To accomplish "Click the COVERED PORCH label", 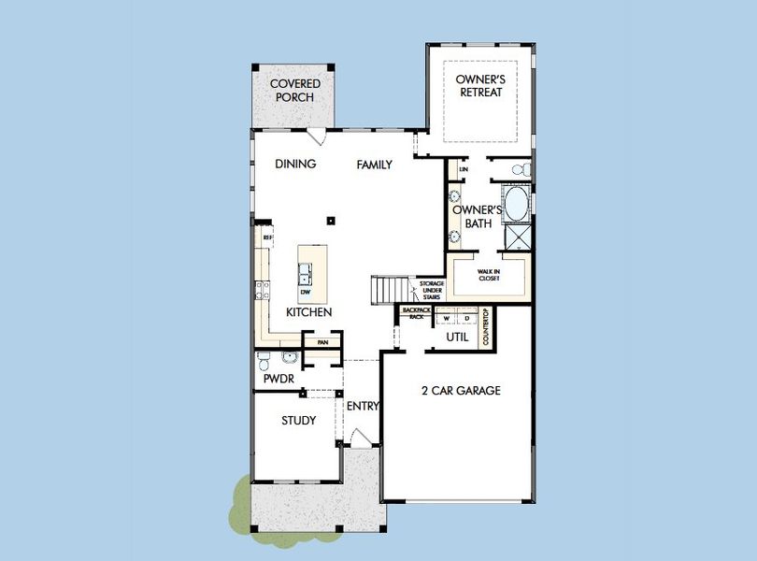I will (x=295, y=91).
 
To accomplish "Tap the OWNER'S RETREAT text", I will (x=479, y=86).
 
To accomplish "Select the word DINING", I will (x=295, y=165).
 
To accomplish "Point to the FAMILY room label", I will (x=374, y=165).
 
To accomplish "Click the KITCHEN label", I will (x=309, y=312).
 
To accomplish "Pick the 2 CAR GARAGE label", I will (x=461, y=391).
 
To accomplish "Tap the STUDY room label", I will (x=298, y=421).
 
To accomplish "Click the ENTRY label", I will (x=363, y=407).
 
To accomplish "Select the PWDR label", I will (x=279, y=381).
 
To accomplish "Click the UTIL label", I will (x=456, y=337).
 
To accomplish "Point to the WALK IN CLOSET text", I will (x=489, y=274).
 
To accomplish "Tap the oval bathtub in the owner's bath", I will (x=515, y=203).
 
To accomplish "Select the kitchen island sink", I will (x=306, y=273).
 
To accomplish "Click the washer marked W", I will (x=447, y=318).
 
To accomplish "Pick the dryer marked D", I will (x=466, y=318).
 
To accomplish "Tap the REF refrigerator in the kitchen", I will (x=266, y=238).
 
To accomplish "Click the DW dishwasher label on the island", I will (x=305, y=292).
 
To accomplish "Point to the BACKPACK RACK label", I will (x=412, y=313).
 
